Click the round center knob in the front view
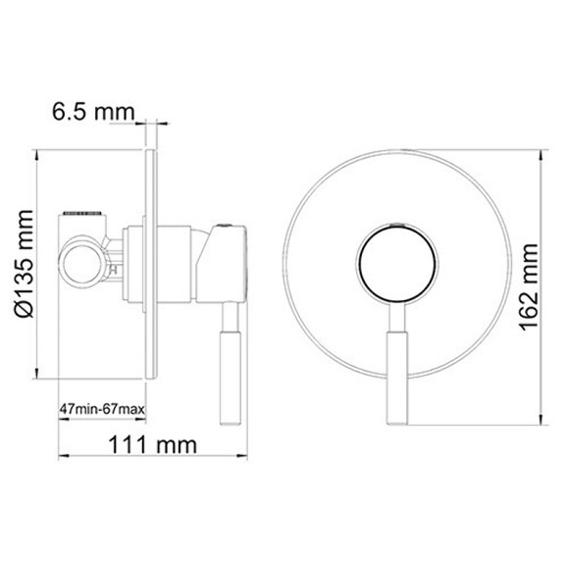(397, 263)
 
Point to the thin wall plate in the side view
(149, 265)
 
